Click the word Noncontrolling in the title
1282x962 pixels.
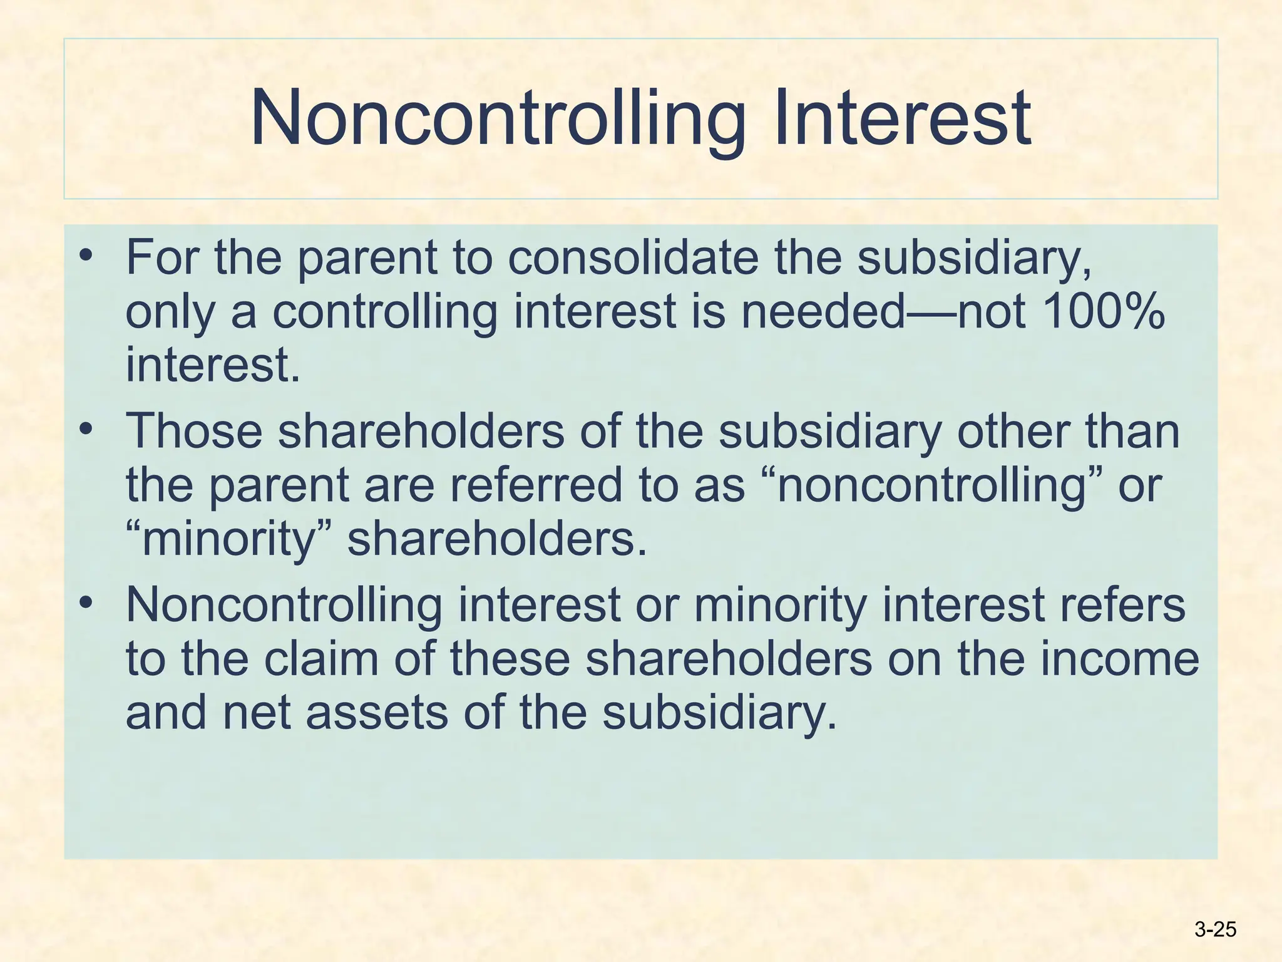point(498,119)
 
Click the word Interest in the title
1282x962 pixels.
point(902,119)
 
